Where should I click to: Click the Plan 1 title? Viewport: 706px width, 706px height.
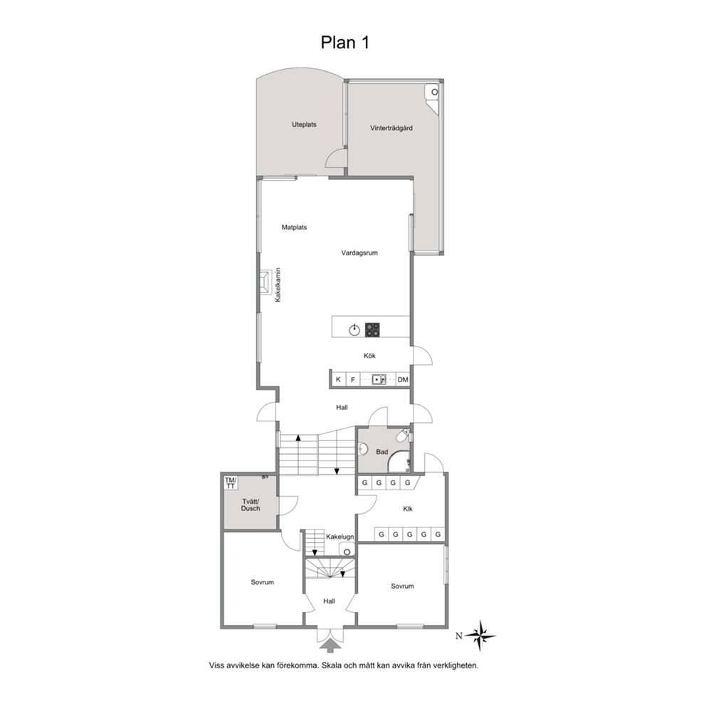pos(345,42)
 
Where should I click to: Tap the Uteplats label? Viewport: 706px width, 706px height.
pos(304,125)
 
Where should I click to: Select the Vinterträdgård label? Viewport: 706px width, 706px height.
pos(391,128)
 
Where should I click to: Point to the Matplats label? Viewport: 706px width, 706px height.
pos(294,227)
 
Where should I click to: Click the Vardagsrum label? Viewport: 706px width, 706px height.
pos(359,253)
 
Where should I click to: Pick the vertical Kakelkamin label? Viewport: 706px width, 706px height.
pos(278,285)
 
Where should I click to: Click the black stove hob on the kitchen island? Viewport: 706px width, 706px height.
pos(372,330)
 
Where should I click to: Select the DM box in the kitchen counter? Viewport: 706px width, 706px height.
pos(403,379)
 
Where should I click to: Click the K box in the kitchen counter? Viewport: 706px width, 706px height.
pos(338,379)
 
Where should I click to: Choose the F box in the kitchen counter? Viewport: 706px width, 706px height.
pos(353,379)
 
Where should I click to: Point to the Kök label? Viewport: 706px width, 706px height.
pos(369,356)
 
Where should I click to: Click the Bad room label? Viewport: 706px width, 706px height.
pos(381,452)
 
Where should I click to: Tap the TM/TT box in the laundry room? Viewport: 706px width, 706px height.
pos(231,483)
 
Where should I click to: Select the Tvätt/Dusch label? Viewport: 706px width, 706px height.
pos(251,505)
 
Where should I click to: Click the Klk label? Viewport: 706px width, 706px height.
pos(408,510)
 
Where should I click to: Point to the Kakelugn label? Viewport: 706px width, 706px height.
pos(340,537)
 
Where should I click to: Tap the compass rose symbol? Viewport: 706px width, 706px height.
pos(480,636)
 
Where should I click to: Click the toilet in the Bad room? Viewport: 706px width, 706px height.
pos(403,436)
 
